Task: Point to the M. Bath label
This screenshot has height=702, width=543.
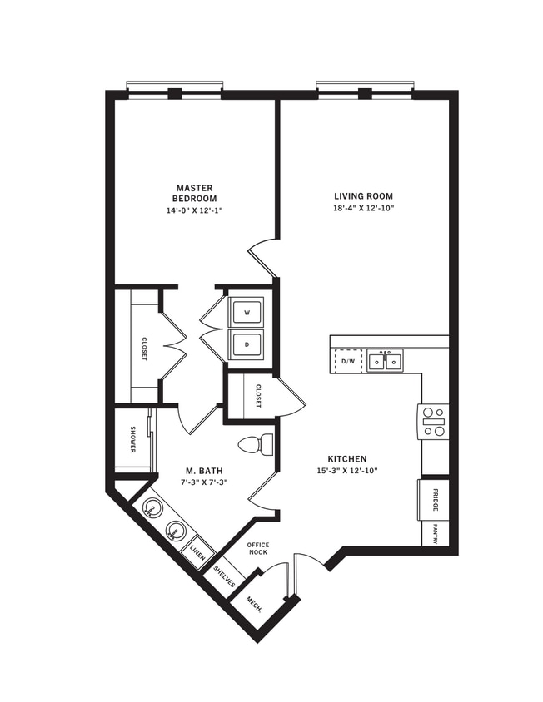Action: [204, 471]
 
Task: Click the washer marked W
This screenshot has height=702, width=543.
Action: [247, 312]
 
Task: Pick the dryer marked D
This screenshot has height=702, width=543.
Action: [247, 344]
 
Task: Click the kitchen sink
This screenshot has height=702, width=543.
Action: [385, 361]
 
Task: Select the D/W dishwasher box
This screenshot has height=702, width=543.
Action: [348, 361]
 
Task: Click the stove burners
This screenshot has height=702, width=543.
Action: [434, 421]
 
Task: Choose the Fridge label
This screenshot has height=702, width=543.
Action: [435, 500]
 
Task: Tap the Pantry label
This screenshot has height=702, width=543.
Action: [435, 533]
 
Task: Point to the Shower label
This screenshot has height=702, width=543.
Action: [132, 440]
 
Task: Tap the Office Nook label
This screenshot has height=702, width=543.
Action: [257, 550]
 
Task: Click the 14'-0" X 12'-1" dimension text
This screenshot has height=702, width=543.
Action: [194, 210]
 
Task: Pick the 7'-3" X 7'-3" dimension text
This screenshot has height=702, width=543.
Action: [204, 482]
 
